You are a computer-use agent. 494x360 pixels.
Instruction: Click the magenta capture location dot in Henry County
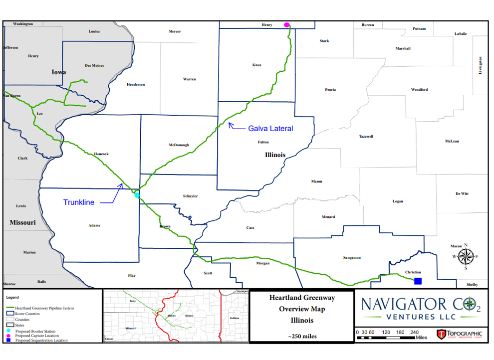[x=286, y=24]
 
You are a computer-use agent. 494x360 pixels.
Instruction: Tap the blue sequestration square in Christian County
[x=418, y=281]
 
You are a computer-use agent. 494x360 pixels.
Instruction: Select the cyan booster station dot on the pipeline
[x=137, y=195]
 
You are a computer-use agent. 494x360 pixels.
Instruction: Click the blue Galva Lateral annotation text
[x=270, y=129]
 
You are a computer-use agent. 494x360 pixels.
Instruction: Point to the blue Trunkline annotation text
[x=78, y=202]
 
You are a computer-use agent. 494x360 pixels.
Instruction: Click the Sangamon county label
[x=352, y=257]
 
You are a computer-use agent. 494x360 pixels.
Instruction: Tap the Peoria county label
[x=330, y=90]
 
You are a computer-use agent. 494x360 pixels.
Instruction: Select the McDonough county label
[x=179, y=145]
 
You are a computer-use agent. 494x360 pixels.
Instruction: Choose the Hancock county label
[x=101, y=154]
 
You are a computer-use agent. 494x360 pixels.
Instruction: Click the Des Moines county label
[x=94, y=66]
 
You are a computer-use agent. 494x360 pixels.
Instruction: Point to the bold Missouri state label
[x=22, y=222]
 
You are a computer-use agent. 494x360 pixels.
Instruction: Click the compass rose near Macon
[x=466, y=256]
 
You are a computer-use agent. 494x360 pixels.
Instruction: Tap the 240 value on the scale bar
[x=414, y=332]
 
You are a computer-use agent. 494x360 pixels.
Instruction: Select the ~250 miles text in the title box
[x=302, y=336]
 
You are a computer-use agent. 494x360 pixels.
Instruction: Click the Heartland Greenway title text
[x=302, y=298]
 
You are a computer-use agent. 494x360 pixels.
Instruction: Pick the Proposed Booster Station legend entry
[x=35, y=331]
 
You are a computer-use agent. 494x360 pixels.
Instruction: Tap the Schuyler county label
[x=190, y=196]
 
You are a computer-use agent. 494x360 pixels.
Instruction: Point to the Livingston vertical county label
[x=481, y=65]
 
